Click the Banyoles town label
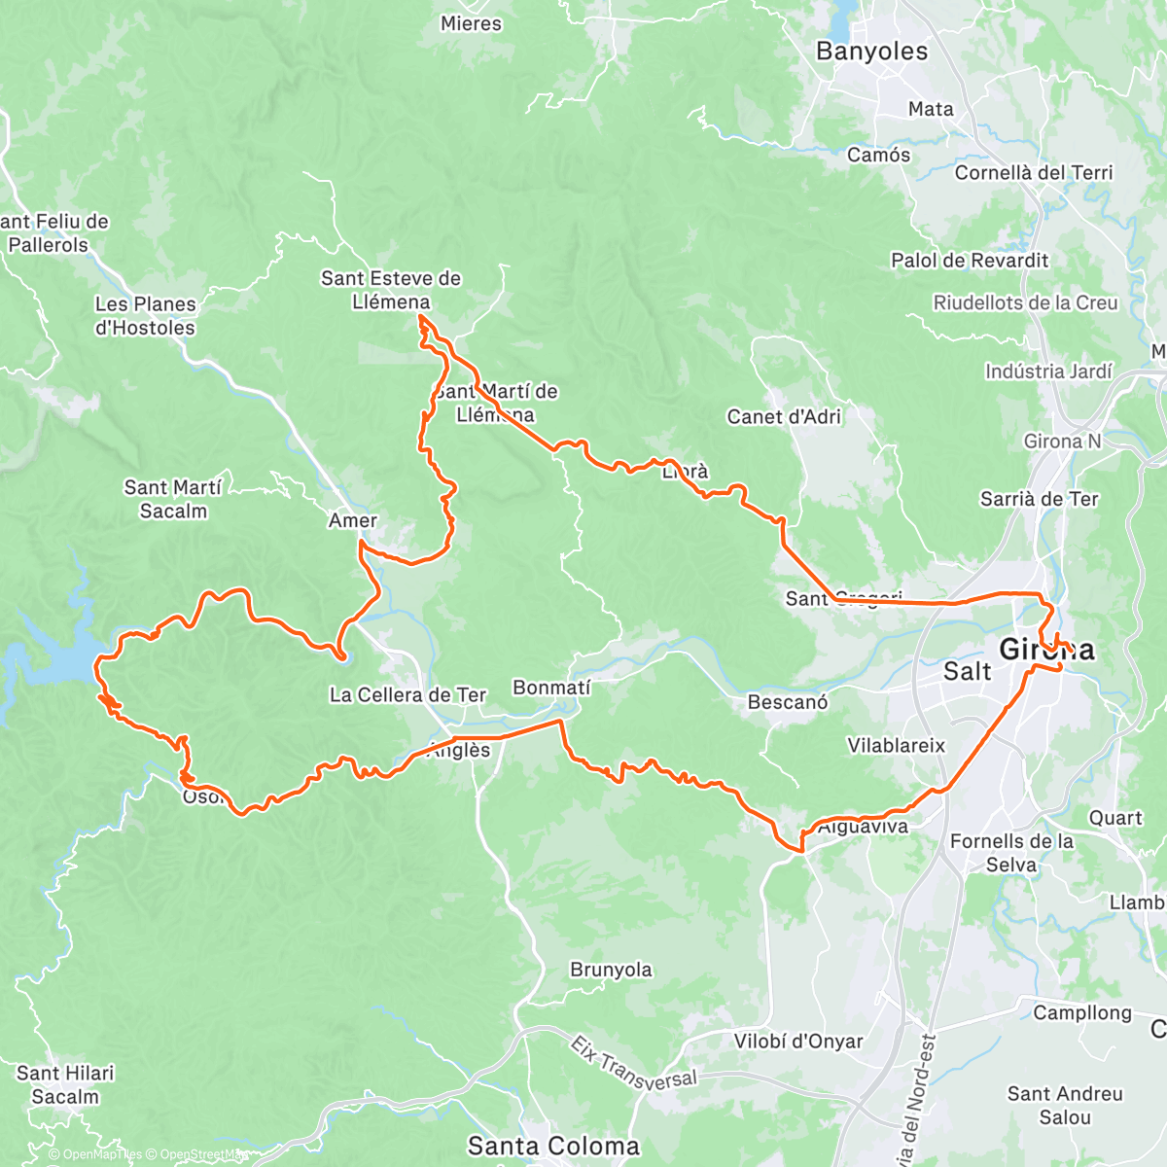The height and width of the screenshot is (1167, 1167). [x=871, y=52]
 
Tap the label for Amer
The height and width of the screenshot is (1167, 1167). [x=352, y=520]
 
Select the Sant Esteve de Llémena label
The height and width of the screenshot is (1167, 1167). [x=391, y=290]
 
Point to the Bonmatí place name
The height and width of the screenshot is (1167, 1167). [x=551, y=688]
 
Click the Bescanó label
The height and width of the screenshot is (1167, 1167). [x=788, y=701]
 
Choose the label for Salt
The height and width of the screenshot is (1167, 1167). [x=968, y=671]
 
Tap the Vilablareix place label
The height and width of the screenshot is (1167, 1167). [x=896, y=746]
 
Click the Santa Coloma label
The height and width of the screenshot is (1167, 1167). [x=553, y=1146]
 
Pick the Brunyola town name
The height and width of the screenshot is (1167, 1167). [x=611, y=970]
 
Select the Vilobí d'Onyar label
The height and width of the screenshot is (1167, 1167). [x=798, y=1042]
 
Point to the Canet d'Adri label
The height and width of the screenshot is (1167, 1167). [x=784, y=416]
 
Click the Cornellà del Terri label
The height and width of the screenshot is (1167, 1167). [x=1033, y=172]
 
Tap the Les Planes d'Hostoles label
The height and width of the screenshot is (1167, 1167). [x=145, y=316]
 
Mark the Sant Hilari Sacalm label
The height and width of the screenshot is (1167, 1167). [x=65, y=1084]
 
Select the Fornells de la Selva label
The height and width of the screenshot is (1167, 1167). [x=1011, y=853]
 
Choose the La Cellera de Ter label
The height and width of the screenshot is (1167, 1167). [x=407, y=694]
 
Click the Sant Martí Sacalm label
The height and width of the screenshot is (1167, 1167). [x=173, y=499]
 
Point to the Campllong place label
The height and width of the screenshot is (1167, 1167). [x=1082, y=1012]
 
